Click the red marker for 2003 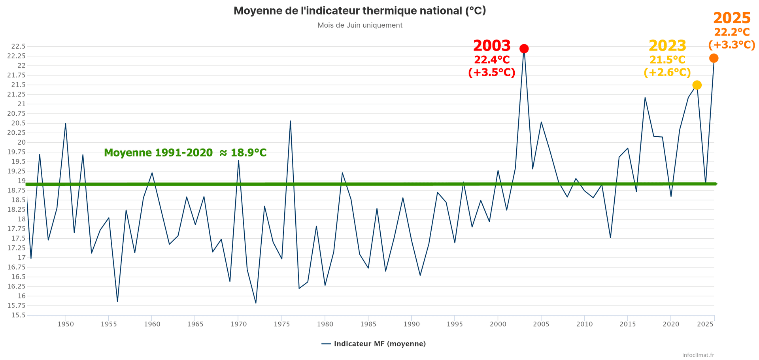tap(524, 49)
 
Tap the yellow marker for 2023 tap(697, 85)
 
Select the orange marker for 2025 tap(714, 58)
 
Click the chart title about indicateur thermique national tap(360, 11)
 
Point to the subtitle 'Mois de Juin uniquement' tap(360, 25)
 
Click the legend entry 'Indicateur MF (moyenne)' tap(379, 344)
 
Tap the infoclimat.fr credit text tap(698, 355)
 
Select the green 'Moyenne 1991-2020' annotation tap(185, 153)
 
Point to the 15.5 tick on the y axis tap(18, 315)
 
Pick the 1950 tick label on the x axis tap(66, 324)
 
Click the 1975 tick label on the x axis tap(282, 324)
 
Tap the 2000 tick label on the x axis tap(498, 324)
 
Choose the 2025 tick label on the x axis tap(705, 324)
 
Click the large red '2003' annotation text tap(492, 46)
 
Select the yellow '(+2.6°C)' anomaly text tap(667, 72)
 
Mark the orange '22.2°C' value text tap(732, 32)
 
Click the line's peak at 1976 tap(290, 121)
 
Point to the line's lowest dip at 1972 tap(256, 303)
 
